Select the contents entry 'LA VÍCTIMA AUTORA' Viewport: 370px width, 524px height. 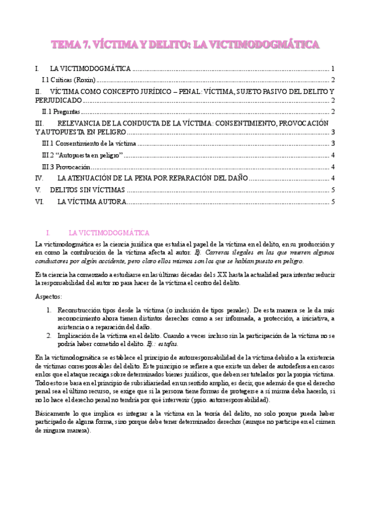click(x=92, y=201)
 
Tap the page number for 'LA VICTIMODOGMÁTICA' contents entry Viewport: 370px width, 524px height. click(x=333, y=69)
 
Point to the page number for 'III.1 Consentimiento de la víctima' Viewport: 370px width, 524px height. click(x=333, y=143)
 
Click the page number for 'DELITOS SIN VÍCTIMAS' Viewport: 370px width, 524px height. click(x=333, y=190)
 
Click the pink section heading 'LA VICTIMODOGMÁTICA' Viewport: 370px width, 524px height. click(x=109, y=233)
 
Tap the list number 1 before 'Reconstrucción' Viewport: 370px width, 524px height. click(x=49, y=309)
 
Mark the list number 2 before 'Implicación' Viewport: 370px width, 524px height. click(x=49, y=335)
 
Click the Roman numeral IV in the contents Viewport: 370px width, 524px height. click(x=40, y=178)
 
